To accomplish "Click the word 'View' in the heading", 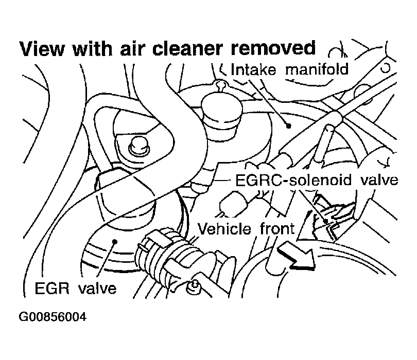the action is [x=42, y=49].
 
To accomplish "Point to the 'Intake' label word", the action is [x=253, y=69].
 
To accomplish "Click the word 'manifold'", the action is [x=317, y=69].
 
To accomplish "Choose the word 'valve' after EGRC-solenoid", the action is [x=379, y=180].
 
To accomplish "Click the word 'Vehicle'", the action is [x=224, y=228].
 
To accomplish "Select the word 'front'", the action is [x=277, y=229].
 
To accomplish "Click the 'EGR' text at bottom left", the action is [x=51, y=289].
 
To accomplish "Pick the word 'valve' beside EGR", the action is [x=98, y=289].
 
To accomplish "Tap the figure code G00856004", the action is [x=53, y=317].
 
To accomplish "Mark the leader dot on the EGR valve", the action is [x=115, y=241].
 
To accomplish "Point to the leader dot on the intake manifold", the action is [x=288, y=125].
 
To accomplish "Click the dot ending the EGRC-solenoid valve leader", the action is [x=325, y=220].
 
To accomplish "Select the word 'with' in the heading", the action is [x=92, y=49].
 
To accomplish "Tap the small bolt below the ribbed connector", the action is [x=194, y=287].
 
